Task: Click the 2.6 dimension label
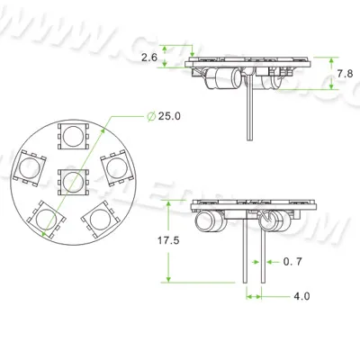coord(150,57)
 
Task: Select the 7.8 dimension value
coord(345,73)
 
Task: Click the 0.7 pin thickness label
coord(292,262)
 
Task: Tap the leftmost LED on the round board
coord(29,166)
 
